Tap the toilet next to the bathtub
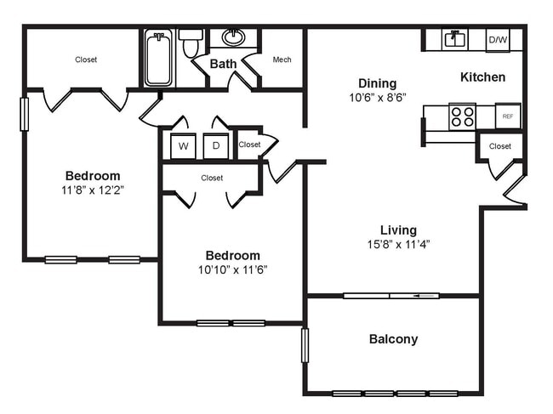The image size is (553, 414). (x=191, y=43)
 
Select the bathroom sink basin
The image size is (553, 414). (x=233, y=37)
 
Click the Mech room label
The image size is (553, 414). (x=282, y=60)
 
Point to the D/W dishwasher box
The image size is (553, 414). (x=497, y=39)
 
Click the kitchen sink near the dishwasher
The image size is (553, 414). (x=453, y=39)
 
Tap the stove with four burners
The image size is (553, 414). (x=463, y=116)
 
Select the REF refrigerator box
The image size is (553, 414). (x=508, y=116)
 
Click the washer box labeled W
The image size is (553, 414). (x=183, y=146)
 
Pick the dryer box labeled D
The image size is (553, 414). (x=216, y=146)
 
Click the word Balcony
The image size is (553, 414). (x=393, y=339)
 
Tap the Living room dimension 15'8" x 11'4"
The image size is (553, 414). (x=398, y=245)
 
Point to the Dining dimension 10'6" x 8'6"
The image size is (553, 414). (x=377, y=97)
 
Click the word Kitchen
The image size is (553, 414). (x=482, y=77)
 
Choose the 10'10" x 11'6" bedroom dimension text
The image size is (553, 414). (x=232, y=270)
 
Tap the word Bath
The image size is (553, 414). (x=223, y=64)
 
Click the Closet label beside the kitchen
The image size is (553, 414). (x=500, y=146)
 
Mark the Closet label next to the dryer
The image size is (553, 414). (x=249, y=145)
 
